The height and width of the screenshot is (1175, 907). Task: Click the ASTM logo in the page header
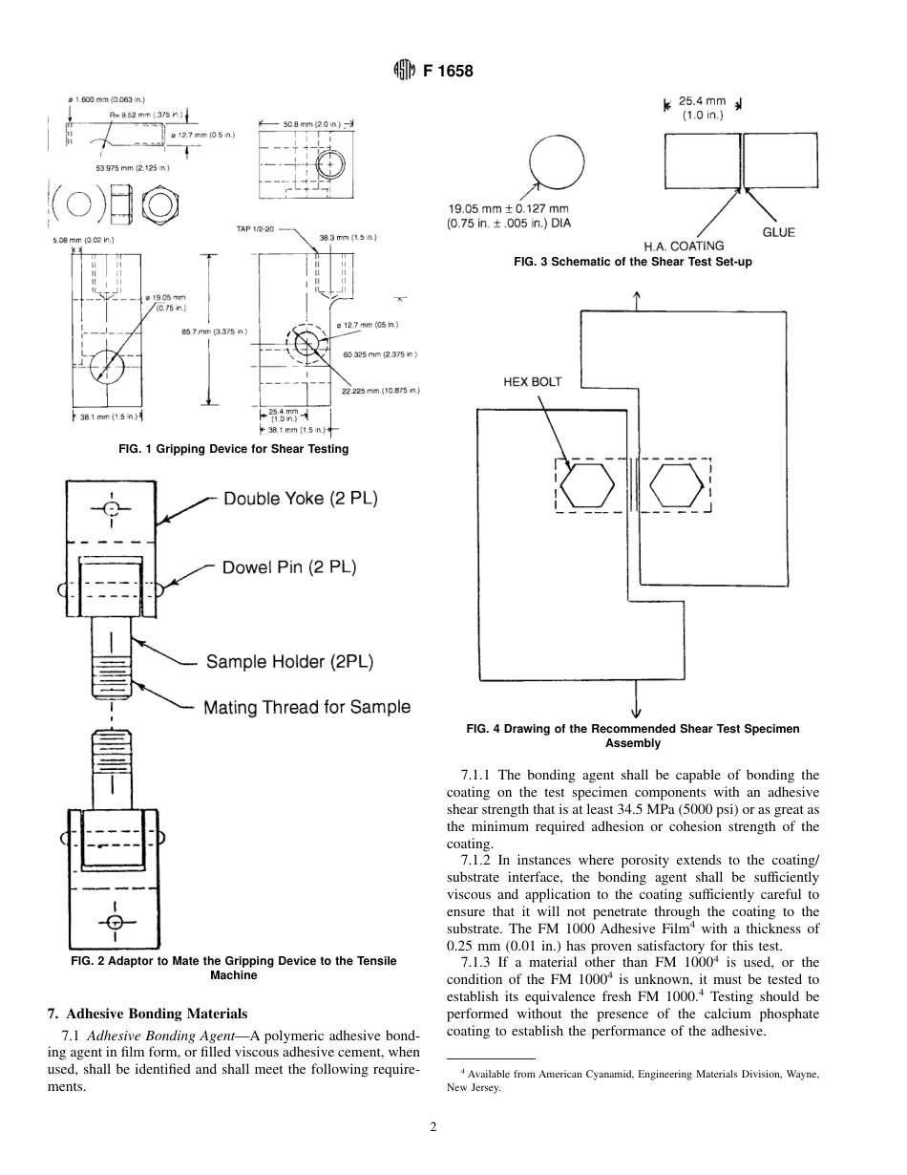pos(405,71)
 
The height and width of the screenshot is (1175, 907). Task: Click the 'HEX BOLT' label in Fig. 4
pos(533,382)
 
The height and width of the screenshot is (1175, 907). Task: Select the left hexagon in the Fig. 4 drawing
pos(587,485)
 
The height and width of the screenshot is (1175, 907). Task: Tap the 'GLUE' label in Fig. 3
pos(778,232)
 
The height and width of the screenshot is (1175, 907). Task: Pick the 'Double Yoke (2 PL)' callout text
pos(301,499)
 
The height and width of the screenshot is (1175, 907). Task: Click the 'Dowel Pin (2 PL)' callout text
pos(289,567)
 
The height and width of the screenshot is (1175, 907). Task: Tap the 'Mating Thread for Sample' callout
pos(306,707)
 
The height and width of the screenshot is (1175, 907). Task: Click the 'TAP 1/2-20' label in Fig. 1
pos(257,229)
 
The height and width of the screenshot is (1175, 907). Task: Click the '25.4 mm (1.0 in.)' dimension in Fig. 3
pos(702,107)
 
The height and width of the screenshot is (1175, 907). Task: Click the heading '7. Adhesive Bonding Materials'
pos(147,1014)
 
